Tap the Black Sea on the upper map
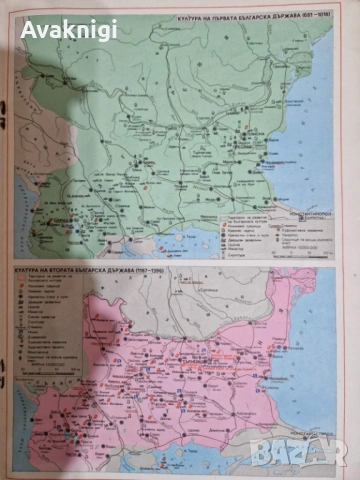320,120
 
